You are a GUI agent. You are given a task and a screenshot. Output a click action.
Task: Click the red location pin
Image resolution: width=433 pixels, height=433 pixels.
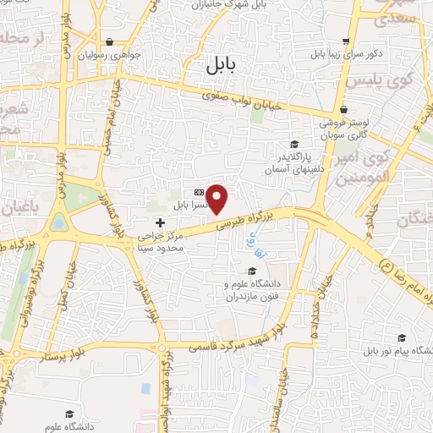coord(218,199)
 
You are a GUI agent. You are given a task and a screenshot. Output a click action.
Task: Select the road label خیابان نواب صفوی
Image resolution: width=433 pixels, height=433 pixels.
coord(250,100)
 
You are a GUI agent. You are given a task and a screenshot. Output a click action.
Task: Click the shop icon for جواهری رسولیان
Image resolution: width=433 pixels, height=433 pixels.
coord(110,41)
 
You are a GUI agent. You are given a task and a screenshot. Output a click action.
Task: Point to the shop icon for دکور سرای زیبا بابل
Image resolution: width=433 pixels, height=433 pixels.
coord(345,41)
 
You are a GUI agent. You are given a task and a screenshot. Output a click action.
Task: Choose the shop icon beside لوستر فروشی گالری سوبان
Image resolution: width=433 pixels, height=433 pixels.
coord(344,110)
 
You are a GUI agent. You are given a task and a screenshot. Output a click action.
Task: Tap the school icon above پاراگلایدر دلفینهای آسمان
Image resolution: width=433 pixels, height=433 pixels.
coord(293,144)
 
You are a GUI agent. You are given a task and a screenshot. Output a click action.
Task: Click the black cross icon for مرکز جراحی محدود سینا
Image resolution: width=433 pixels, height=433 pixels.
coord(161,222)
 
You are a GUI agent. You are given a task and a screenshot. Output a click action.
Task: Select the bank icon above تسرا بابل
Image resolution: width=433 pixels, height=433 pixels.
coord(199,192)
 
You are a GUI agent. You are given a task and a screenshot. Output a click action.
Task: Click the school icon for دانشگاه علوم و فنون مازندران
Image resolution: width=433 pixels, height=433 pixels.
coord(251,271)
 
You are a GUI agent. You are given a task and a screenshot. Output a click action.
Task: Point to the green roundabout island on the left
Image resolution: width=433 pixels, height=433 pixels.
coord(58,222)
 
